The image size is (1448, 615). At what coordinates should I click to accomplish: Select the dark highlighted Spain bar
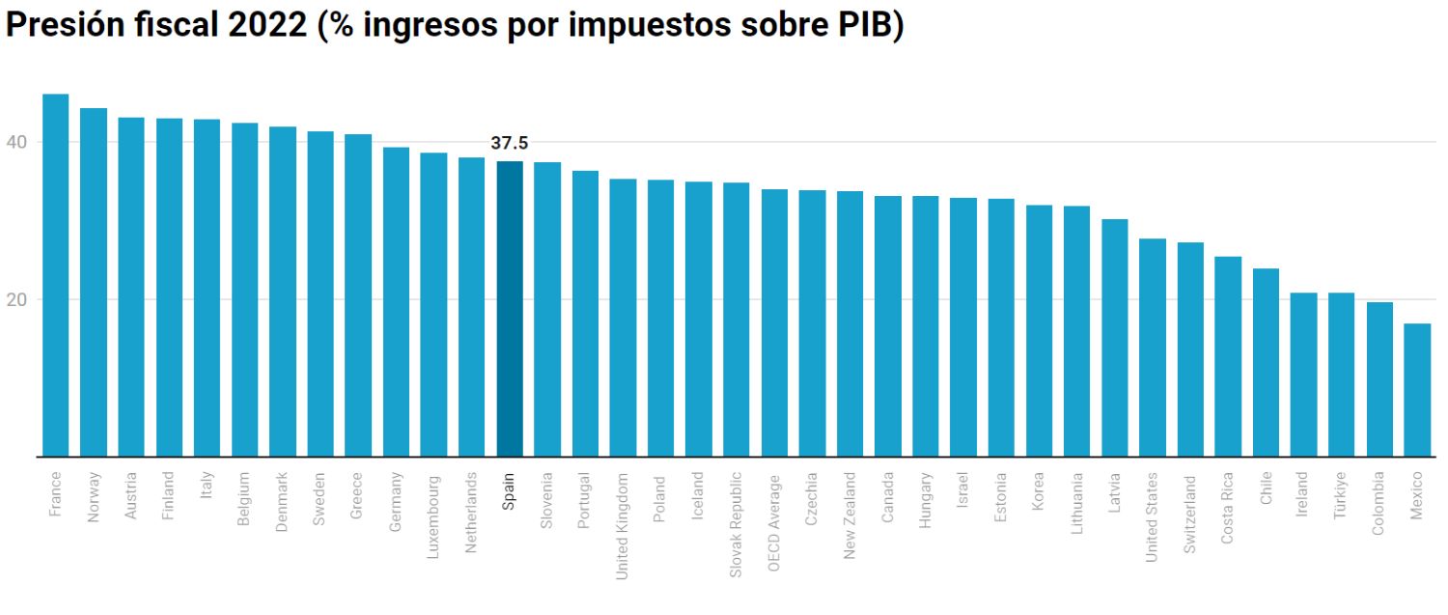coord(510,309)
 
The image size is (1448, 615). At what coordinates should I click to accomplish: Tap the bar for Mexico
coord(1417,390)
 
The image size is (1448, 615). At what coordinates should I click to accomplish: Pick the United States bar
coord(1153,348)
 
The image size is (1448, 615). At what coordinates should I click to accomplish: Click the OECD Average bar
coord(774,322)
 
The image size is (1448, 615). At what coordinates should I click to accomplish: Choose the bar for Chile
coord(1266,362)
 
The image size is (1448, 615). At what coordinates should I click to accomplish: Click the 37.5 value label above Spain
coord(510,144)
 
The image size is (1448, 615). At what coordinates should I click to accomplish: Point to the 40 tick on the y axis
coord(17,143)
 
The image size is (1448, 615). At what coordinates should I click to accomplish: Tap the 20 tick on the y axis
coord(17,299)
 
